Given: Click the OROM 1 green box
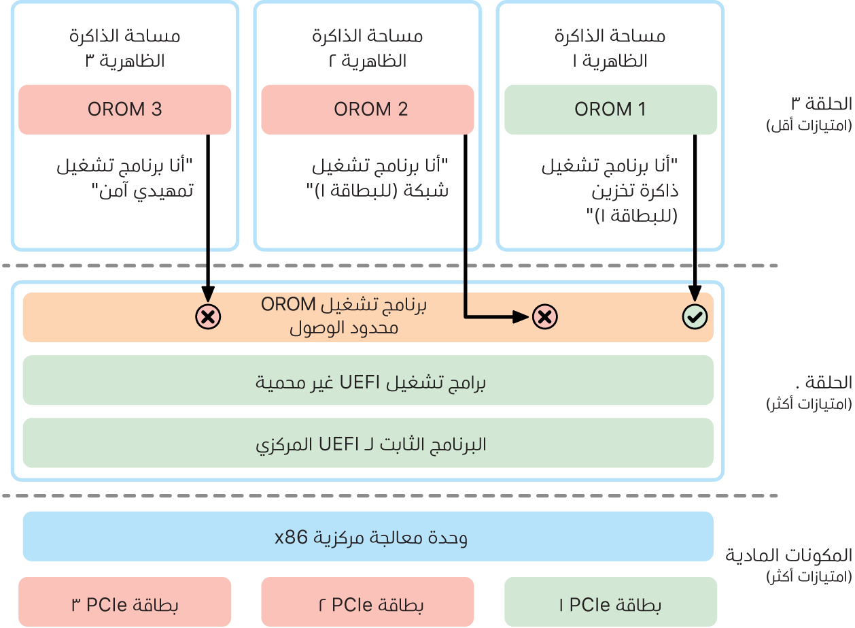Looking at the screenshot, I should (x=610, y=110).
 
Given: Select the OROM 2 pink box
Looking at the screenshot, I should (x=367, y=110).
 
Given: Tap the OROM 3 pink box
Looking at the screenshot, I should (x=124, y=110).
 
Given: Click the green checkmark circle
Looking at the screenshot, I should (x=695, y=316).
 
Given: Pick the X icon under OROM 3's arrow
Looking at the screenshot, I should (x=207, y=316).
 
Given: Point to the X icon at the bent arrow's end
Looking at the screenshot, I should (x=544, y=316).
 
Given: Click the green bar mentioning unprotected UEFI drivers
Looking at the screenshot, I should (x=368, y=382).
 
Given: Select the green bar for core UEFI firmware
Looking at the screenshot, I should (x=368, y=444).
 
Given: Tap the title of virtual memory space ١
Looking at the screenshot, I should (x=610, y=48).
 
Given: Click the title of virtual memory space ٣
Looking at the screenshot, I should (x=124, y=48).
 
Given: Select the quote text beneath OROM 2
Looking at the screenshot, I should (x=380, y=177).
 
